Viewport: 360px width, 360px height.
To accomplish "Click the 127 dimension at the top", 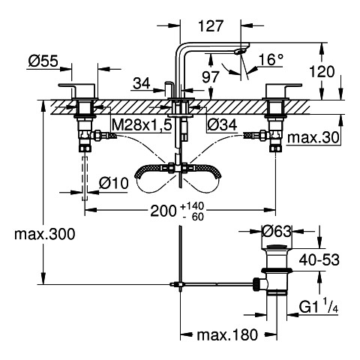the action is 210,26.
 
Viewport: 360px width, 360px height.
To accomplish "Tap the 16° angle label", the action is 271,60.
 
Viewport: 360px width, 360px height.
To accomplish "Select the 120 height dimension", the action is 322,72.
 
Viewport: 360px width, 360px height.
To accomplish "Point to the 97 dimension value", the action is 211,77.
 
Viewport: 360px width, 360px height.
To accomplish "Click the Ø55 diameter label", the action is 43,61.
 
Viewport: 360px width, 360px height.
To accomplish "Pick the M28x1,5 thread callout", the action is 142,124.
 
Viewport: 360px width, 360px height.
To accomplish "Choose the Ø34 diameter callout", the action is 222,124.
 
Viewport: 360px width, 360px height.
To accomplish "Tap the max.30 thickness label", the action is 313,137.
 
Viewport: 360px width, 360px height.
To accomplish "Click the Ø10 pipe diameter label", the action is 114,184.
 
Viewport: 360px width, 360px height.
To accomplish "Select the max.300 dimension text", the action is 45,235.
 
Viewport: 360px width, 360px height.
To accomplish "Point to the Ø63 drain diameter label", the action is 276,231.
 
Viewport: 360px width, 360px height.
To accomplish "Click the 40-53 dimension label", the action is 319,259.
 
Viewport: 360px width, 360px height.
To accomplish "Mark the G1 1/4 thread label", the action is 319,307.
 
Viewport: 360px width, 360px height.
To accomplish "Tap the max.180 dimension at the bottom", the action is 227,334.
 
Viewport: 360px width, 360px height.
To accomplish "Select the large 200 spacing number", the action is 163,211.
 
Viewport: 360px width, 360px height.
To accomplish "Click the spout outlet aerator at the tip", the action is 241,51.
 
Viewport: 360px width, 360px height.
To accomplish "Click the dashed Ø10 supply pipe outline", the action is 85,178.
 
